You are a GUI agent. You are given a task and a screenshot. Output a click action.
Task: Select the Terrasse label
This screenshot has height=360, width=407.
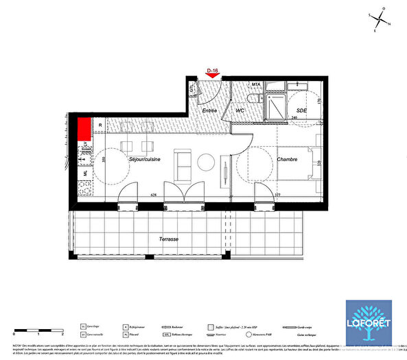[167, 239]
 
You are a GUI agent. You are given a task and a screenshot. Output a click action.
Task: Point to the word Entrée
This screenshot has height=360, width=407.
[209, 110]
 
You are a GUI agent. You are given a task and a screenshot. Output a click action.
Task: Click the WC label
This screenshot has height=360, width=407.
[240, 110]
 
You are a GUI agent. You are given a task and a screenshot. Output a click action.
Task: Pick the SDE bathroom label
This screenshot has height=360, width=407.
[301, 110]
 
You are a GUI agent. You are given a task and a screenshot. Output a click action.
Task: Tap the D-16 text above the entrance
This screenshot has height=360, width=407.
[213, 70]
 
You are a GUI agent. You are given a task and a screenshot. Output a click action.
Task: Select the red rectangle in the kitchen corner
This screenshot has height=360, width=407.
[84, 128]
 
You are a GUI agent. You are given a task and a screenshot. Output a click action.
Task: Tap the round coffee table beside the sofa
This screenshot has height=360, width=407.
[207, 163]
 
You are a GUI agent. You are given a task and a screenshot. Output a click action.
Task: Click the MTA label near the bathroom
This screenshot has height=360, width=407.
[256, 84]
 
